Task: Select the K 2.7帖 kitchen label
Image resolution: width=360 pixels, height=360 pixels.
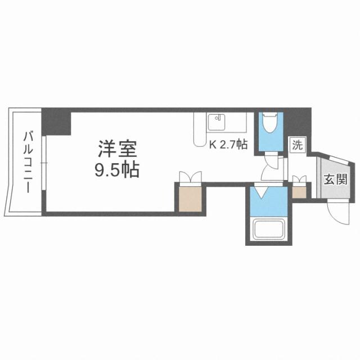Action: [x=228, y=145]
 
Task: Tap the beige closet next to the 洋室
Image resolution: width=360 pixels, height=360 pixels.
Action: [x=190, y=197]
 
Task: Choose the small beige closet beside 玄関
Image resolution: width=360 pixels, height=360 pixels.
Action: [x=300, y=191]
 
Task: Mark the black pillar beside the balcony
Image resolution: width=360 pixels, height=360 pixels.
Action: [x=57, y=121]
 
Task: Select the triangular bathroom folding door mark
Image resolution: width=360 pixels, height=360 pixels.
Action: [x=261, y=193]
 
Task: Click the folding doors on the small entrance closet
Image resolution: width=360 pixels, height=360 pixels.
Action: [x=300, y=180]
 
